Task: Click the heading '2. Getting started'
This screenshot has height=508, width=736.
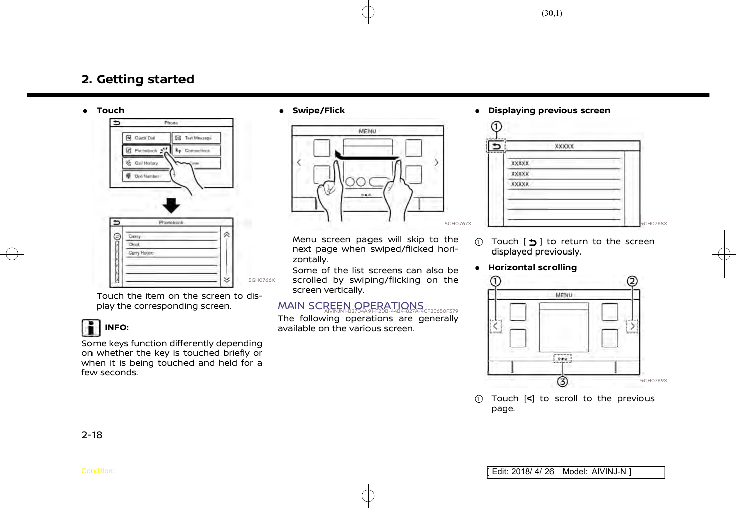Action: click(138, 79)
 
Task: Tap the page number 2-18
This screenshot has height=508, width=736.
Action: click(91, 435)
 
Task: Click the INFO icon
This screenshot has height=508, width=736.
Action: click(90, 328)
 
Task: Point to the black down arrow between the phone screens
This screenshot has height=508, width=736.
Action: click(171, 205)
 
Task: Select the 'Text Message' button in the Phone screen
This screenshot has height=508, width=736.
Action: click(197, 138)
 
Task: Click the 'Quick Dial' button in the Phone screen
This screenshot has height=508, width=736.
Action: click(146, 138)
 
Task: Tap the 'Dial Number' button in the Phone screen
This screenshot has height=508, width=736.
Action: click(146, 176)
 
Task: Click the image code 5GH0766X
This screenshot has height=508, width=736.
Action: click(261, 280)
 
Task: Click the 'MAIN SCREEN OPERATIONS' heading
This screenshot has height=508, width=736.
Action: click(350, 306)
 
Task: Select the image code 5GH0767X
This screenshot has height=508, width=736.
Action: click(457, 224)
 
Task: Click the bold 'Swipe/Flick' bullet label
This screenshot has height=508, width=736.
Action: click(318, 111)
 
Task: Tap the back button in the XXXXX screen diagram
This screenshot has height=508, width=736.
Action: click(496, 146)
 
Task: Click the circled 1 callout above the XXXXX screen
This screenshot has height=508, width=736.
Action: click(496, 126)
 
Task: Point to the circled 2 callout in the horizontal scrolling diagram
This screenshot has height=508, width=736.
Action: click(632, 281)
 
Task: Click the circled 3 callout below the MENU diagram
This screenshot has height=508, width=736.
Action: click(562, 382)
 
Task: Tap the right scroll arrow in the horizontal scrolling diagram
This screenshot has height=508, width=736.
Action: click(632, 326)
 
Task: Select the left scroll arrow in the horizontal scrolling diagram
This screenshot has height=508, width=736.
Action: click(496, 326)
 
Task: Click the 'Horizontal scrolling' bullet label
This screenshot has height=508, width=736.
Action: click(532, 268)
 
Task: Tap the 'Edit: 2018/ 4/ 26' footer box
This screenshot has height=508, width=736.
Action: click(575, 472)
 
